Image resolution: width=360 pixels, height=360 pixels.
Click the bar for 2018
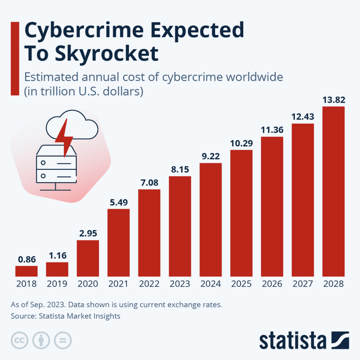(x=26, y=271)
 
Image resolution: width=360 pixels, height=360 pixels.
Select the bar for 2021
(x=118, y=243)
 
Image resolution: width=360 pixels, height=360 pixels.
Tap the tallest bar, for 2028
(x=333, y=191)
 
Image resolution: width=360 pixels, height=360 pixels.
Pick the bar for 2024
(x=211, y=220)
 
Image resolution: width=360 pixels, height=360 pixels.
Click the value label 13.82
(x=333, y=100)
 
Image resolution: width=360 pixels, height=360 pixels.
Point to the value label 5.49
(x=118, y=202)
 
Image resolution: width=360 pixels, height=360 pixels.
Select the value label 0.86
(x=26, y=259)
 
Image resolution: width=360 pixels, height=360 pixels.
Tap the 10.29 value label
(x=241, y=143)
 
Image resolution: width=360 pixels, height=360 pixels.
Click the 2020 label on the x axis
(x=88, y=284)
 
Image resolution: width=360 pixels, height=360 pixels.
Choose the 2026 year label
(x=272, y=284)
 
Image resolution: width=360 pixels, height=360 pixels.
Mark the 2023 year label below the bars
(x=180, y=284)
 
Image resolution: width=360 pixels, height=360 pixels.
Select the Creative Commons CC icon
(x=20, y=340)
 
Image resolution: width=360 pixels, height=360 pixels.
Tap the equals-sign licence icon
(x=63, y=340)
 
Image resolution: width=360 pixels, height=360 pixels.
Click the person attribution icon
(x=41, y=340)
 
